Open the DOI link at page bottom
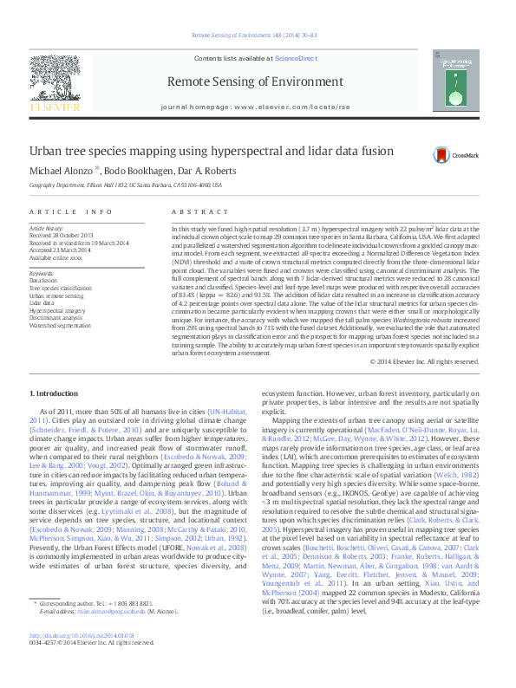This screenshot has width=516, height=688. [x=84, y=659]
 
